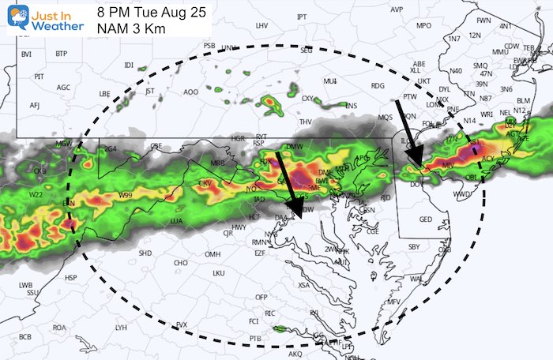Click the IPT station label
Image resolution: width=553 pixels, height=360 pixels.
(x=302, y=17)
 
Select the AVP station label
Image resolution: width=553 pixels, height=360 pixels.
(x=397, y=9)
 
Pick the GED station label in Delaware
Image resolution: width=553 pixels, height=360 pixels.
(x=425, y=219)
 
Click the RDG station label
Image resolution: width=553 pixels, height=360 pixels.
(x=378, y=86)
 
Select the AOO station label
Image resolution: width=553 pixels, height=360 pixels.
(x=191, y=92)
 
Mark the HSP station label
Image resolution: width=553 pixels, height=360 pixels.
(x=71, y=278)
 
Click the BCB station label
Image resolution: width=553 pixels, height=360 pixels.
(x=25, y=337)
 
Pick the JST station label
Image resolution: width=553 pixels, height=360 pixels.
(x=150, y=91)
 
